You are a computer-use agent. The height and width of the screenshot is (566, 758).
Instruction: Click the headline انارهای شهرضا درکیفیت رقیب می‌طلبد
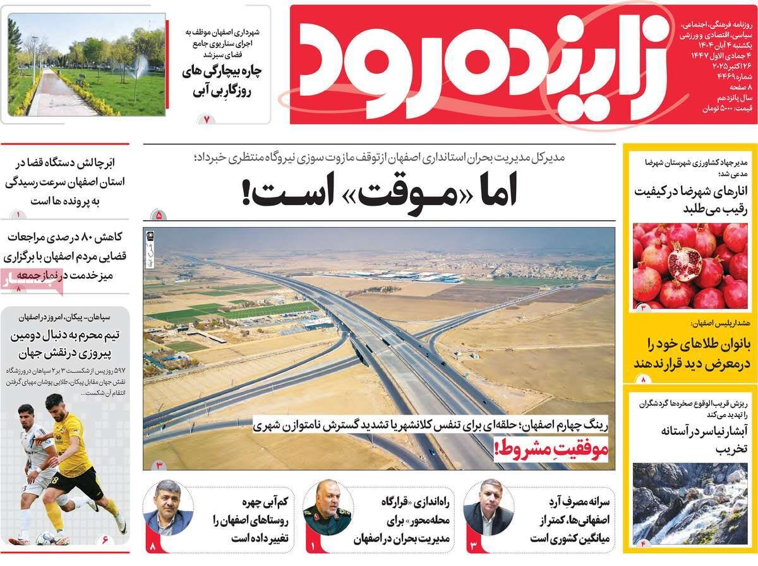(x=690, y=200)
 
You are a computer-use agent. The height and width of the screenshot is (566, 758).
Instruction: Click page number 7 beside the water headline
(x=206, y=117)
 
